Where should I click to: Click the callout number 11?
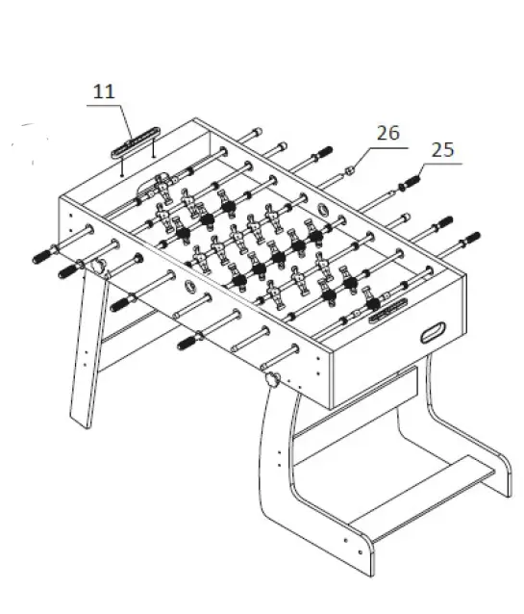(104, 92)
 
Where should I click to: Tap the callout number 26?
(387, 134)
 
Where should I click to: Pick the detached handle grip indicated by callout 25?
(412, 182)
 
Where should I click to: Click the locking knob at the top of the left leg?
(96, 263)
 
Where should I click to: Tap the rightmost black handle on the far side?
(470, 238)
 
